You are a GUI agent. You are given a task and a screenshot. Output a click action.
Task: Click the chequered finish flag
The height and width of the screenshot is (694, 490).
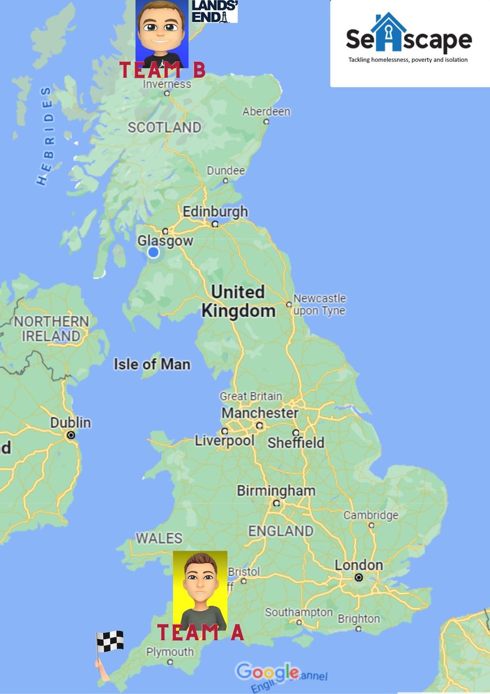click(109, 642)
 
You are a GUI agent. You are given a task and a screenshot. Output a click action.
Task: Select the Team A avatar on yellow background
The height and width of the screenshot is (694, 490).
click(200, 589)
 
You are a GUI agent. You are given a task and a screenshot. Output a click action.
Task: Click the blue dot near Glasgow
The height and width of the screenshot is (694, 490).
click(153, 252)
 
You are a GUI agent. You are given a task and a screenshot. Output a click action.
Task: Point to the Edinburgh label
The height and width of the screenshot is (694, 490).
click(215, 212)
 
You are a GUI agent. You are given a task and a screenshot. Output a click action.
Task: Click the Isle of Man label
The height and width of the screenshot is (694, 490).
click(152, 364)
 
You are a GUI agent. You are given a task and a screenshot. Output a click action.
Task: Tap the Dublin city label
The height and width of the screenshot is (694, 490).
click(70, 423)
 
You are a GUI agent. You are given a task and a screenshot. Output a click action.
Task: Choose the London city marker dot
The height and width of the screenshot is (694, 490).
click(359, 577)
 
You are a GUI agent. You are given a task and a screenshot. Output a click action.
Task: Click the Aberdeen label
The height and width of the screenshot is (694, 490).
click(266, 112)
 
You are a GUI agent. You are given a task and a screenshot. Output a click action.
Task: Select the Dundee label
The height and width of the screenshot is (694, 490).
click(226, 171)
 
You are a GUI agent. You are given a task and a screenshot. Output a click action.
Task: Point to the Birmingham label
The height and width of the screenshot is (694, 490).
click(276, 491)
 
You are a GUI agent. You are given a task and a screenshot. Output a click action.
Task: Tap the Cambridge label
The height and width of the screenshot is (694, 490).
click(371, 515)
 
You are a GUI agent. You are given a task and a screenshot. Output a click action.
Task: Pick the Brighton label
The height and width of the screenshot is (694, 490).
click(359, 619)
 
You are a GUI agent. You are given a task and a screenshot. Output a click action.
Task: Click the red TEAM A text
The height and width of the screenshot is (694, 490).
click(201, 633)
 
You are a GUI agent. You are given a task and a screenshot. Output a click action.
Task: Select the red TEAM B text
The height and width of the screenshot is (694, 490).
click(162, 70)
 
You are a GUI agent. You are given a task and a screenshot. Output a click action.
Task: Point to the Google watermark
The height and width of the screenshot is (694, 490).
click(267, 672)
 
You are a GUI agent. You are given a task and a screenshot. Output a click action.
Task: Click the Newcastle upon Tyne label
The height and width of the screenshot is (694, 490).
click(320, 304)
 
